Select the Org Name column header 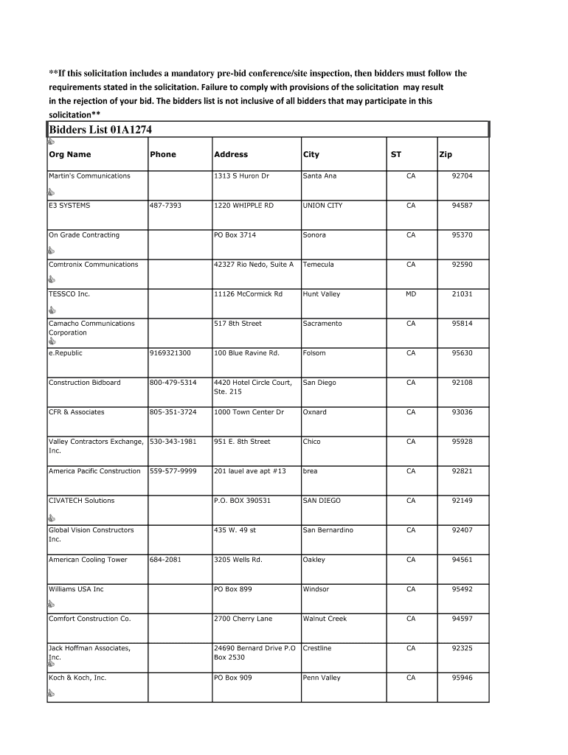pos(70,155)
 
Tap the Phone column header pos(163,155)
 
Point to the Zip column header pos(446,155)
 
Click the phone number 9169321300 pos(170,353)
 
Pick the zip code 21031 pos(462,294)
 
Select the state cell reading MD pos(411,294)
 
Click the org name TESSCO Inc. pos(69,294)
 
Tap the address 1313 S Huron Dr pos(241,176)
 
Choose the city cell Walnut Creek pos(325,619)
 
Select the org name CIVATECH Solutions pos(81,501)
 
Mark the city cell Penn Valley pos(322,678)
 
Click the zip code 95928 pos(462,442)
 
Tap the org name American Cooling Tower pos(88,560)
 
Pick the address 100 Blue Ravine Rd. pos(246,353)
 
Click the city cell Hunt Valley pos(322,294)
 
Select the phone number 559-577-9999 pos(173,471)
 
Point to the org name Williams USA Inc pos(76,589)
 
